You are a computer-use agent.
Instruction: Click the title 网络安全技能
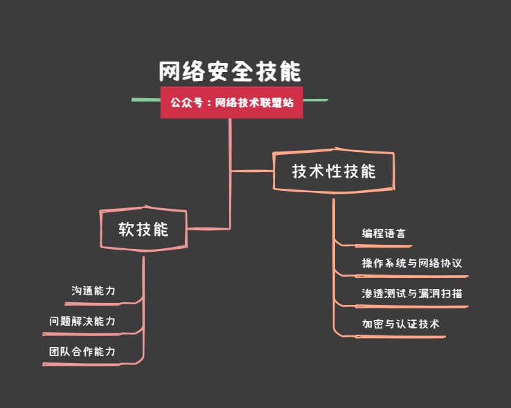(x=231, y=72)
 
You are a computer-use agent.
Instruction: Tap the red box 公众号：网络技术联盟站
(x=231, y=102)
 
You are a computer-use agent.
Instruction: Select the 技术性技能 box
(x=334, y=171)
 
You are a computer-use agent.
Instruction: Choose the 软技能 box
(x=143, y=229)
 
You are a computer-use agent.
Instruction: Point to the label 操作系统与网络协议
(x=411, y=263)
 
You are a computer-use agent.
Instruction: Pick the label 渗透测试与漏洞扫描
(x=412, y=294)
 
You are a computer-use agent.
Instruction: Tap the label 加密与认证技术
(x=400, y=324)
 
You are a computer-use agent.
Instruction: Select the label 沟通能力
(x=93, y=291)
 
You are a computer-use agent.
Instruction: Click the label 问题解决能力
(x=82, y=322)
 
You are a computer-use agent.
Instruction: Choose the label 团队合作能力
(x=82, y=352)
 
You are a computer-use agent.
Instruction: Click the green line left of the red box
(x=146, y=100)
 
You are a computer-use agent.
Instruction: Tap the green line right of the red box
(x=315, y=100)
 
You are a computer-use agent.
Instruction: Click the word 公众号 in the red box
(x=186, y=102)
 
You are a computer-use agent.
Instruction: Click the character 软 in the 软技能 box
(x=126, y=229)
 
